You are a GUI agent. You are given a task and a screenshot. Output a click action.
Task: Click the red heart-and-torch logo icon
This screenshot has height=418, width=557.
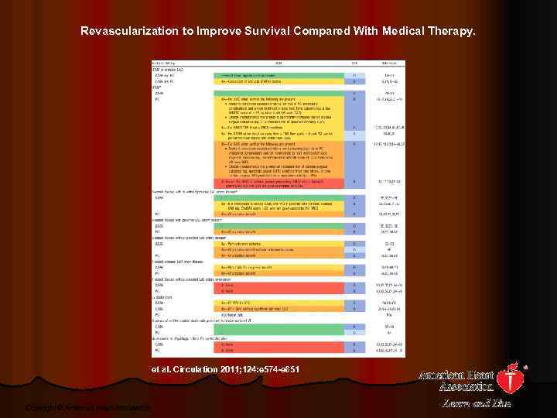(x=510, y=380)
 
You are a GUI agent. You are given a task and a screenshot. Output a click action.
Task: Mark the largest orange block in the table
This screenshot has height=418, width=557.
(x=282, y=158)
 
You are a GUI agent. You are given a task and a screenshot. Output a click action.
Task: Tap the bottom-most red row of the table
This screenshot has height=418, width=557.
(x=282, y=350)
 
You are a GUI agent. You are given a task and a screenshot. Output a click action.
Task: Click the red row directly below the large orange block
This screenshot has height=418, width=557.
(x=282, y=182)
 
